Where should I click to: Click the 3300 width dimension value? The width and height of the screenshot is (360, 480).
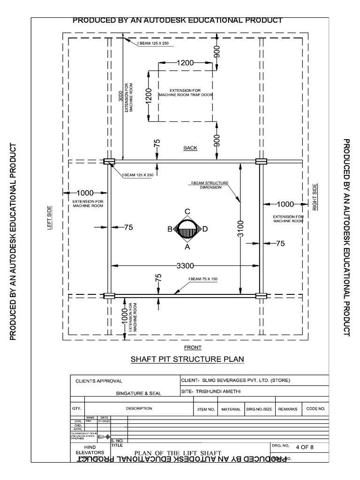coord(185,266)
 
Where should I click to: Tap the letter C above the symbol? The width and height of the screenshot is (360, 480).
coord(187,211)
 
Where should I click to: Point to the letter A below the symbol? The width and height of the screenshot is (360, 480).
coord(187,246)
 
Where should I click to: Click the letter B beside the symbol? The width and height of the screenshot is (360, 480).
coord(170,229)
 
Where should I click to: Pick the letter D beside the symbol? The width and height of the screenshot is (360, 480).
coord(205,229)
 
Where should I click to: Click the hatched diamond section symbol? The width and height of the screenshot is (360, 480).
coord(187,229)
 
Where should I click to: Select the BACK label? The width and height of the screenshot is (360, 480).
coord(190,148)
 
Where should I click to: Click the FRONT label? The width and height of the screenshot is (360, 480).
coord(193,347)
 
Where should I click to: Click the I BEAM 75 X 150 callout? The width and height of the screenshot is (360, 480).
coord(203,279)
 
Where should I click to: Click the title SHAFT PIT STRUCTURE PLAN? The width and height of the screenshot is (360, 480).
coord(187,360)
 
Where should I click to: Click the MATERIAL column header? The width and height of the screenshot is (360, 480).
coord(231,409)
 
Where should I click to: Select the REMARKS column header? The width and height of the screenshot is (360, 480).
coord(288,409)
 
